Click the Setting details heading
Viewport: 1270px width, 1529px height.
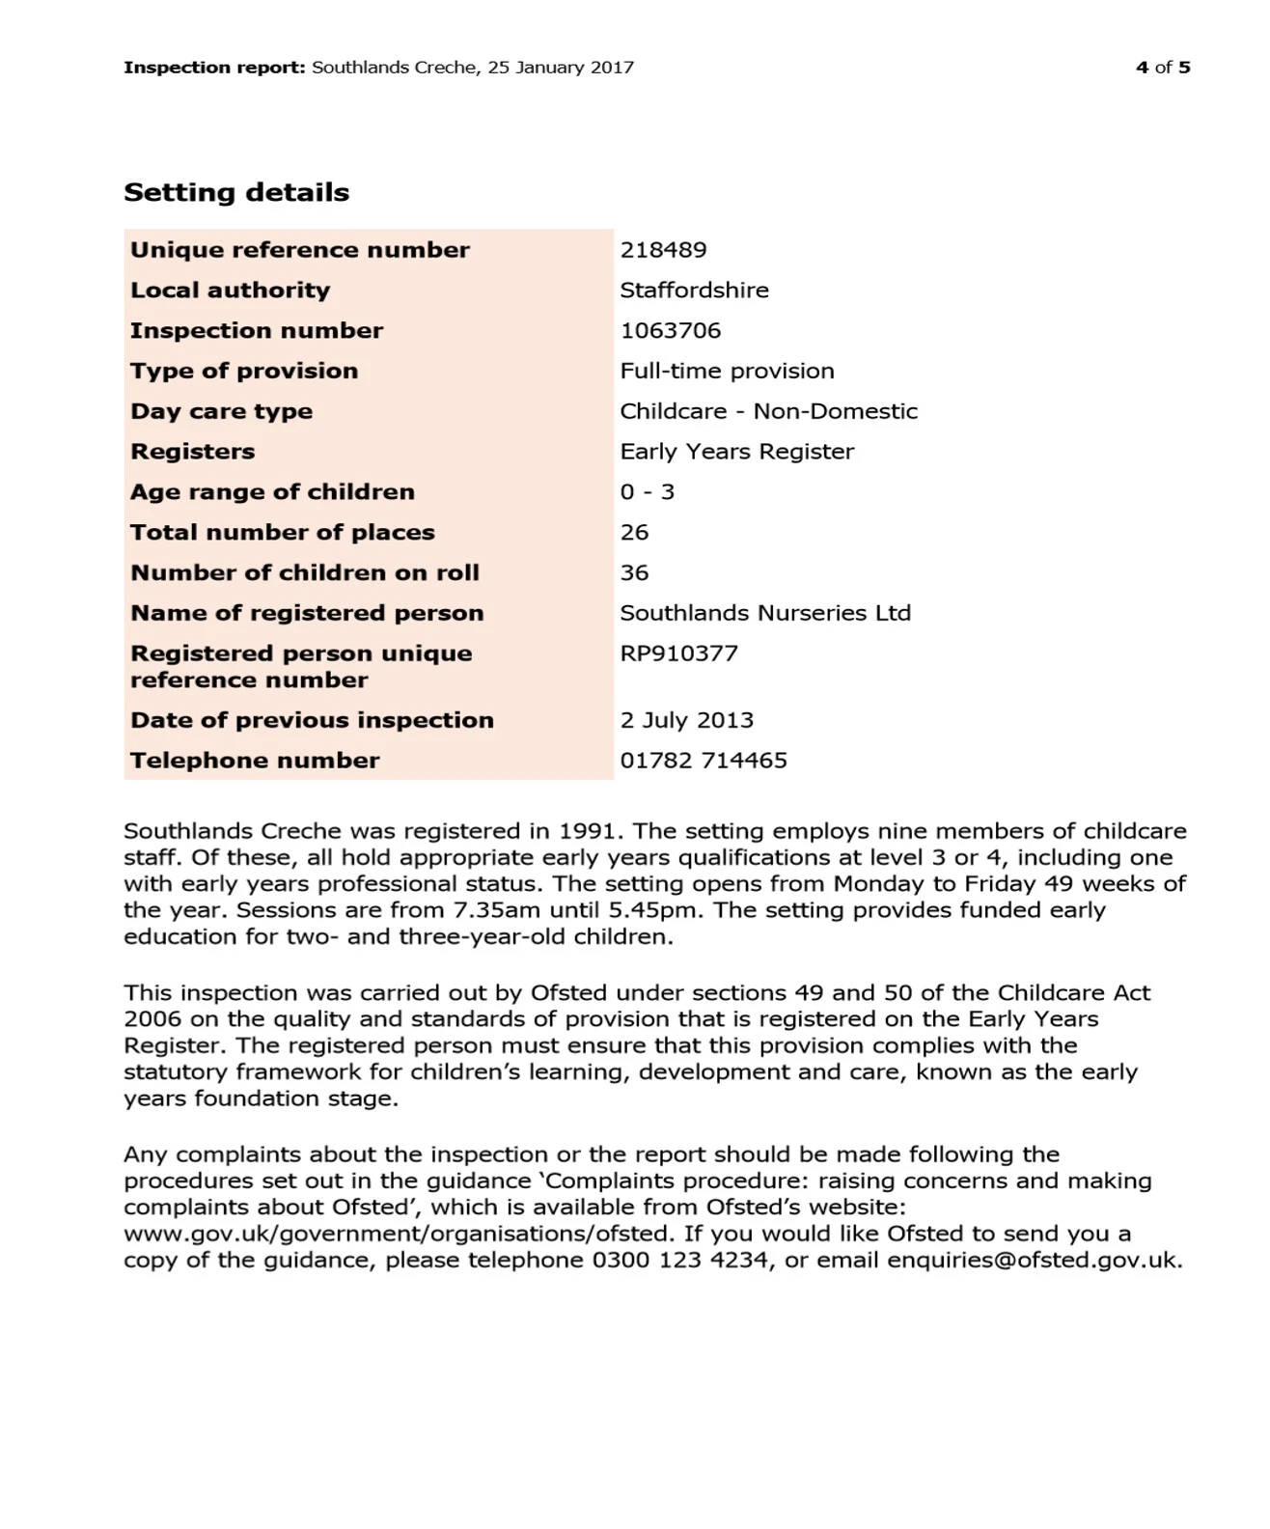(x=236, y=192)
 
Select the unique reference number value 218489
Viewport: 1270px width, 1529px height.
(x=663, y=250)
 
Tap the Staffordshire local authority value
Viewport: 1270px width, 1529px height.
(x=694, y=291)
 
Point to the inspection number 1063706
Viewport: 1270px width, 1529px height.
(x=670, y=331)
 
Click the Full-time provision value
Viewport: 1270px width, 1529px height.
(x=727, y=372)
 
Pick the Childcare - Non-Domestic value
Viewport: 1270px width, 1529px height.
(x=768, y=411)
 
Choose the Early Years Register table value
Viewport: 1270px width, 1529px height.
(x=736, y=452)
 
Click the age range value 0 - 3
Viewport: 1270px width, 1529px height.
(x=647, y=492)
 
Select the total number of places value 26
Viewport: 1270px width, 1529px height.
(x=634, y=533)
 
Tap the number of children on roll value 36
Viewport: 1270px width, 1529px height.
(x=634, y=573)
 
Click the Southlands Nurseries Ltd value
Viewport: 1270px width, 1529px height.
(x=764, y=614)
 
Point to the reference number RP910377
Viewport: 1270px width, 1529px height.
(x=678, y=653)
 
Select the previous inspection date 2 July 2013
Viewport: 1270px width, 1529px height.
(x=686, y=721)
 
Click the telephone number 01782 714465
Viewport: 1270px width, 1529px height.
(x=703, y=761)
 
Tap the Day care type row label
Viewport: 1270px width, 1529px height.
(x=221, y=411)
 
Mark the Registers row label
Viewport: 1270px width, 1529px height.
(x=193, y=452)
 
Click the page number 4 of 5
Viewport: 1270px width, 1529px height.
(x=1162, y=68)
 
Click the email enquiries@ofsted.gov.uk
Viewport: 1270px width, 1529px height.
(x=1034, y=1261)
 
